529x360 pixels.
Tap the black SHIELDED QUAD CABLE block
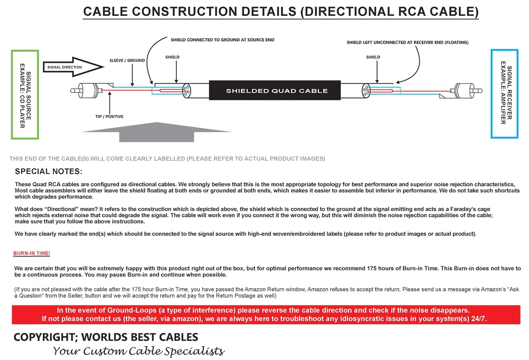pos(275,90)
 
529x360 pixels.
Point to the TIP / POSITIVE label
pos(109,116)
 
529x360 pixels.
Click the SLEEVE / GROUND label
pos(127,60)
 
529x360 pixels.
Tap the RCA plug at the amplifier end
pos(466,91)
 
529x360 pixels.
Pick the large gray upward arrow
pos(156,132)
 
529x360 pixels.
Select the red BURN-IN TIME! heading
pos(32,253)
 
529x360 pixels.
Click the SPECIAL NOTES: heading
pos(48,171)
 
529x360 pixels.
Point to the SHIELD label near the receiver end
pos(373,57)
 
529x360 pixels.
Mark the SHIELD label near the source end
pos(172,57)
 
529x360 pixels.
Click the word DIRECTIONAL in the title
pos(349,11)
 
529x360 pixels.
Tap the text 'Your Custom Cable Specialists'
pos(139,351)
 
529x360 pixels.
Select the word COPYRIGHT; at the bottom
pos(46,337)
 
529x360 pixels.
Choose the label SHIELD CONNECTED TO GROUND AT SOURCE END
pos(223,40)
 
